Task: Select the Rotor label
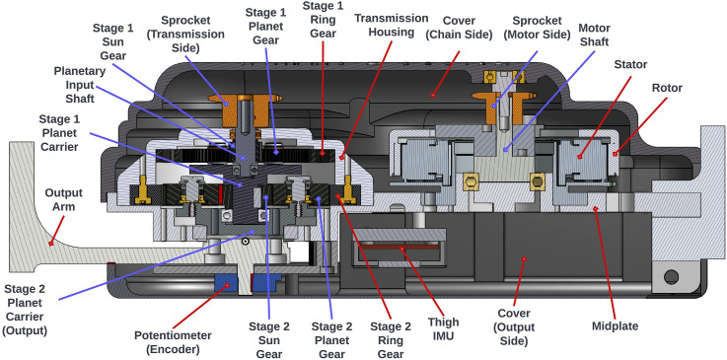[x=667, y=88]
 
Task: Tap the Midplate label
[x=616, y=325]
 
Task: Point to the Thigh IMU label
[x=444, y=329]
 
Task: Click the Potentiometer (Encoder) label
[x=173, y=342]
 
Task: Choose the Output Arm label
[x=63, y=199]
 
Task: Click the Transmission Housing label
[x=391, y=25]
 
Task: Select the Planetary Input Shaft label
[x=74, y=85]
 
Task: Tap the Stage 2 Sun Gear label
[x=269, y=339]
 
